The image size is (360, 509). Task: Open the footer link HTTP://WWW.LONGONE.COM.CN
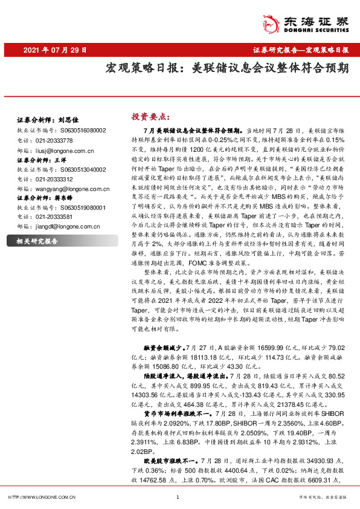(x=40, y=497)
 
